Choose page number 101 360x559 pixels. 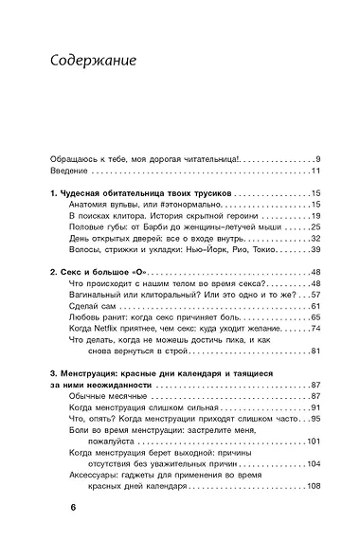pos(314,441)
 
